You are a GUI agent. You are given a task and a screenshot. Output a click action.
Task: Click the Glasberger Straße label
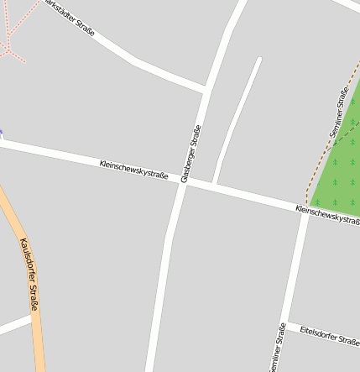pyautogui.click(x=191, y=154)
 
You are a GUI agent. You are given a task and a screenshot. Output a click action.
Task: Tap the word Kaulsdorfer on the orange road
pyautogui.click(x=25, y=261)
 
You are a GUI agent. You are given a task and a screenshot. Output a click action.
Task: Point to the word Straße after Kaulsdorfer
pyautogui.click(x=34, y=298)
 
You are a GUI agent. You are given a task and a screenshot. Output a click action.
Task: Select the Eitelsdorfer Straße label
pyautogui.click(x=329, y=336)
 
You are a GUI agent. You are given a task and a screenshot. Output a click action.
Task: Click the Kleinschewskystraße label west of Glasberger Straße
pyautogui.click(x=133, y=170)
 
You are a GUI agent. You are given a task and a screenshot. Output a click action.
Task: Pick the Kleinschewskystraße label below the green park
pyautogui.click(x=327, y=214)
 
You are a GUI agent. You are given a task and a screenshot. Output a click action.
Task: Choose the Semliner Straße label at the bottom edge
pyautogui.click(x=278, y=348)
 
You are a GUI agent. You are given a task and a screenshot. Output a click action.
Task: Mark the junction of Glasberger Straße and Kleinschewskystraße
pyautogui.click(x=182, y=181)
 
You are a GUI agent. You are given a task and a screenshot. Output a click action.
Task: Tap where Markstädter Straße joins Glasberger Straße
pyautogui.click(x=205, y=88)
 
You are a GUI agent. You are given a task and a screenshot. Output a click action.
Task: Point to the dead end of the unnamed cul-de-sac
pyautogui.click(x=258, y=60)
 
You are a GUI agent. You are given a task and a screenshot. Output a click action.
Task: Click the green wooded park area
pyautogui.click(x=340, y=168)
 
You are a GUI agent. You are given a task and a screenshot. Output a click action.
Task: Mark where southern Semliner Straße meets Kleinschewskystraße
pyautogui.click(x=305, y=207)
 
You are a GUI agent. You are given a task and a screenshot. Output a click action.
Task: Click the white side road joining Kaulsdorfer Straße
pyautogui.click(x=14, y=325)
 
